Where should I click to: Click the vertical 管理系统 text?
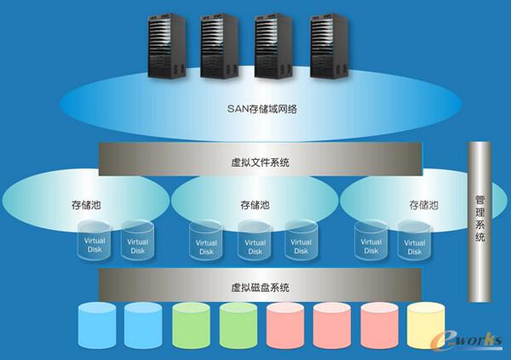479,220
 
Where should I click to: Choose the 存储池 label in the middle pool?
255,205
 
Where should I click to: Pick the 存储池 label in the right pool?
423,205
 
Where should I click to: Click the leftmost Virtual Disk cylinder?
94,243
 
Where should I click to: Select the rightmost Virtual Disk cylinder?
415,243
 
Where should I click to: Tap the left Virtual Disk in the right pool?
371,243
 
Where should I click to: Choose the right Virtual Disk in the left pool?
137,243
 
